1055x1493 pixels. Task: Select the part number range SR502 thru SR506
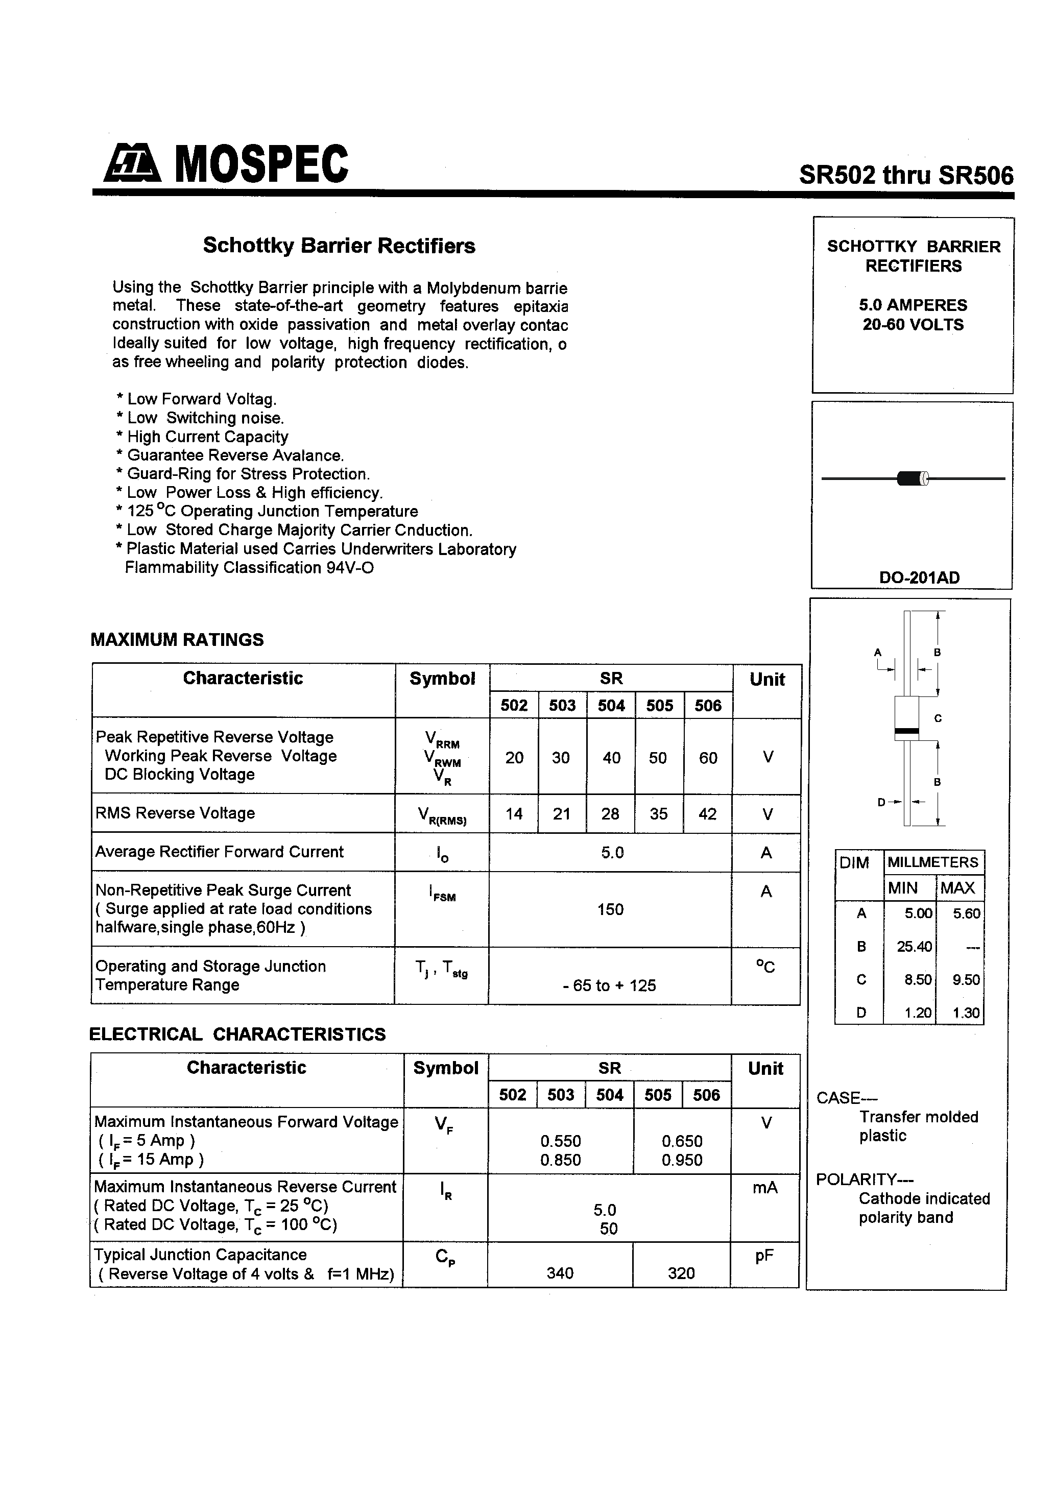pos(905,176)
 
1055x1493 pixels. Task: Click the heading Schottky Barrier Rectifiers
pos(339,246)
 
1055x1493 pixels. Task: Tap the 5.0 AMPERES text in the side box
pos(913,305)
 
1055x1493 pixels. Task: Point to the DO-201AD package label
pos(919,577)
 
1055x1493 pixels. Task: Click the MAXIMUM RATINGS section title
pos(177,640)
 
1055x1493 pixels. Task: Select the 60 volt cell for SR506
pos(708,758)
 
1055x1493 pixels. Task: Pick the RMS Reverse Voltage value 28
pos(610,814)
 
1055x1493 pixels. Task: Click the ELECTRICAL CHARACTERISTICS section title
pos(237,1034)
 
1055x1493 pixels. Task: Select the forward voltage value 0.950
pos(682,1160)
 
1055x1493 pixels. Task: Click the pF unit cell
pos(764,1256)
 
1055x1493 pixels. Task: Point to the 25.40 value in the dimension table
pos(914,947)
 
